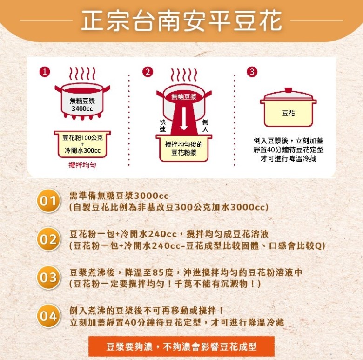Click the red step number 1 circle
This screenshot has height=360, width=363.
pyautogui.click(x=45, y=72)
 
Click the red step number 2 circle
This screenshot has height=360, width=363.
pyautogui.click(x=148, y=72)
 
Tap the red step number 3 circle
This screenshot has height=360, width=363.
pyautogui.click(x=252, y=72)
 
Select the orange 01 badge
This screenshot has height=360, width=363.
pyautogui.click(x=48, y=201)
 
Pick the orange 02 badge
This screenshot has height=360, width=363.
pyautogui.click(x=48, y=239)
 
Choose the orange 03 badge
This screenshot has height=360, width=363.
pyautogui.click(x=48, y=277)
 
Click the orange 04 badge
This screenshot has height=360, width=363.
pyautogui.click(x=48, y=316)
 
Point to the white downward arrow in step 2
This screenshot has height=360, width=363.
pyautogui.click(x=184, y=118)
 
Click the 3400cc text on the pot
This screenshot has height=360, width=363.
pyautogui.click(x=82, y=109)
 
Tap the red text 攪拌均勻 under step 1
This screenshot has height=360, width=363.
pyautogui.click(x=82, y=165)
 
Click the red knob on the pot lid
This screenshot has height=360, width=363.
pyautogui.click(x=288, y=90)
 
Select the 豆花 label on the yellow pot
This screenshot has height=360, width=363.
pyautogui.click(x=289, y=113)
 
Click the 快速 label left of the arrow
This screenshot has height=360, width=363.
pyautogui.click(x=162, y=126)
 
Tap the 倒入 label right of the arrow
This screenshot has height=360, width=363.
pyautogui.click(x=205, y=126)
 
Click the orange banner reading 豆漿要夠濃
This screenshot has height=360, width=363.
pyautogui.click(x=181, y=346)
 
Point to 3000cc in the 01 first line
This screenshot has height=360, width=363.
pyautogui.click(x=151, y=196)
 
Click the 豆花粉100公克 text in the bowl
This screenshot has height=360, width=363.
pyautogui.click(x=82, y=137)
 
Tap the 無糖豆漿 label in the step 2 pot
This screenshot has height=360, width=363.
pyautogui.click(x=184, y=96)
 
